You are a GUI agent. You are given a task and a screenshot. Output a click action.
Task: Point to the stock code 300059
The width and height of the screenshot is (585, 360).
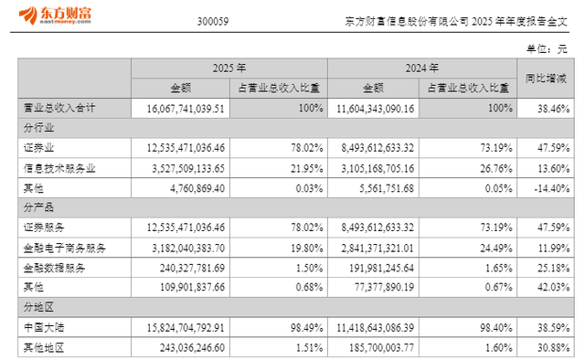click(213, 20)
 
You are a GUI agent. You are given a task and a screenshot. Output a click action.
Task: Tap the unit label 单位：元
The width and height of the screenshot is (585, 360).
click(546, 48)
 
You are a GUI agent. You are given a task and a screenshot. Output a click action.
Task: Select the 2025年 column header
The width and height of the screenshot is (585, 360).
click(229, 69)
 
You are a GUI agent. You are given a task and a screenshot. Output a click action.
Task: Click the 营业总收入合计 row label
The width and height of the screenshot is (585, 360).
click(60, 109)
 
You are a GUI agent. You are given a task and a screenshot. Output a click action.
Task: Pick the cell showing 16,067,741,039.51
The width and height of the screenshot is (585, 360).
click(179, 109)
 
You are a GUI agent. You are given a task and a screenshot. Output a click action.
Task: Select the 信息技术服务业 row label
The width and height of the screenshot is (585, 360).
click(60, 168)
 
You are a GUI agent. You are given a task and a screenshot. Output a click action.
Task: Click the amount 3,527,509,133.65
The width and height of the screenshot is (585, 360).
click(179, 168)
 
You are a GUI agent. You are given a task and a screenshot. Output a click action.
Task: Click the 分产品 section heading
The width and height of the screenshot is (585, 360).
click(37, 208)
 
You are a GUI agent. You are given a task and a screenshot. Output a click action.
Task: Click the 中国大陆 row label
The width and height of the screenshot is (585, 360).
click(43, 327)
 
